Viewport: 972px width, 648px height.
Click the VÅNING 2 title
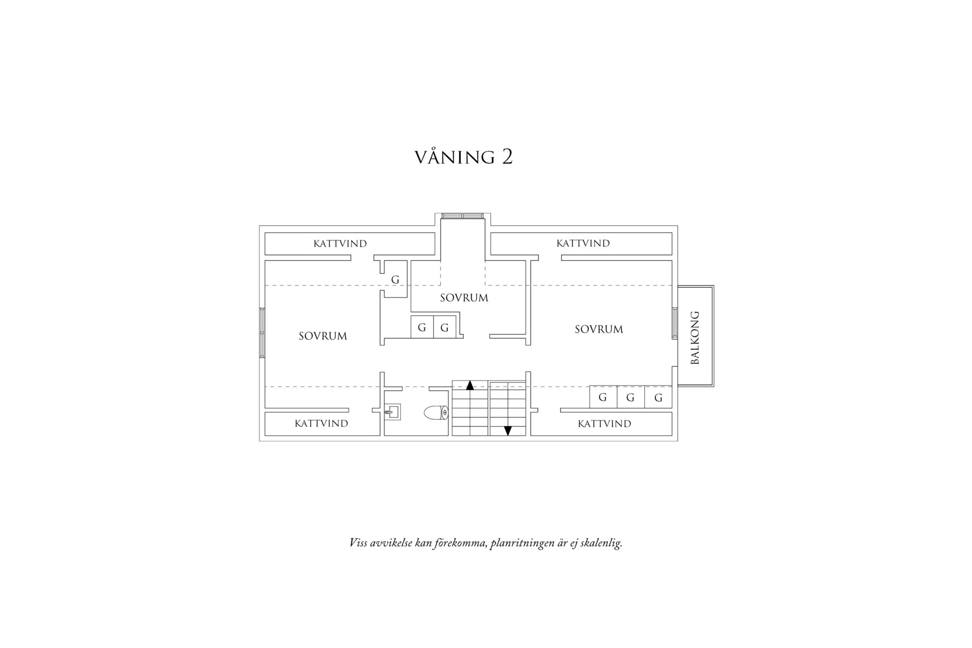click(464, 157)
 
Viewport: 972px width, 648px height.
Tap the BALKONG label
click(695, 337)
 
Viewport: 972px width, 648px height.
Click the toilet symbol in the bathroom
click(436, 413)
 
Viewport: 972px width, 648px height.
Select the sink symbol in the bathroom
click(392, 412)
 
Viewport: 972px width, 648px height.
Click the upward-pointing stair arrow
click(470, 385)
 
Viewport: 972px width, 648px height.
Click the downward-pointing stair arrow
click(507, 431)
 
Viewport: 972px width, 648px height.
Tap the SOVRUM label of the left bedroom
click(323, 336)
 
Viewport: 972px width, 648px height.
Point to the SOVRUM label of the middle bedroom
click(464, 298)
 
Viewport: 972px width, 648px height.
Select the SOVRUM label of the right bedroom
click(598, 329)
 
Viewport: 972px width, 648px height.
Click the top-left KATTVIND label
click(340, 244)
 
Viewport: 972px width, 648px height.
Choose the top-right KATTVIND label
click(583, 243)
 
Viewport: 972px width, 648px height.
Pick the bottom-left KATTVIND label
click(321, 424)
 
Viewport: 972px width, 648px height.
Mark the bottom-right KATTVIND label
click(604, 424)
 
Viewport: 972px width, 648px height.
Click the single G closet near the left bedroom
click(395, 280)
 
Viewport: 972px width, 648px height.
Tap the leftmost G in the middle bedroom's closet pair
click(422, 328)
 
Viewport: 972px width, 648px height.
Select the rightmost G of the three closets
click(658, 397)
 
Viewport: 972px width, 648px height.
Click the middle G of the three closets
click(630, 397)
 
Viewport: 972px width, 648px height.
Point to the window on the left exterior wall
click(262, 332)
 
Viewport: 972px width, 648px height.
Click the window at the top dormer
click(463, 216)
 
